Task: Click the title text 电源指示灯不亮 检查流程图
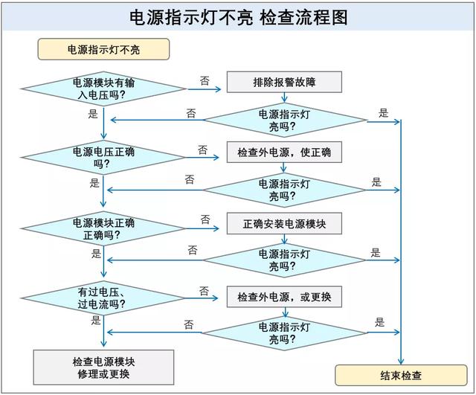coord(238,16)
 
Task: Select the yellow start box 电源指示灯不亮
coord(103,50)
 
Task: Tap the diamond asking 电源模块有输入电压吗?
coord(103,89)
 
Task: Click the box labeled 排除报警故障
coord(283,81)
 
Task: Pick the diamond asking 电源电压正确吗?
coord(103,158)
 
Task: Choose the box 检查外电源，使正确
coord(283,152)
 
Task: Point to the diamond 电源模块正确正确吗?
coord(103,228)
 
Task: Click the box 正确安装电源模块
coord(283,223)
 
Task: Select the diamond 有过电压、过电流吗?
coord(103,298)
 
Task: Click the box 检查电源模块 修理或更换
coord(103,367)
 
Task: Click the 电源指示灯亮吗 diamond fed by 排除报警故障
coord(283,120)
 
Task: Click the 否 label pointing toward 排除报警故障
coord(204,79)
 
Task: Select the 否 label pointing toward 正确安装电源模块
coord(205,219)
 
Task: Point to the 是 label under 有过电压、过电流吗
coord(96,321)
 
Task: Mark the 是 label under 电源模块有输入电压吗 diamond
coord(93,114)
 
